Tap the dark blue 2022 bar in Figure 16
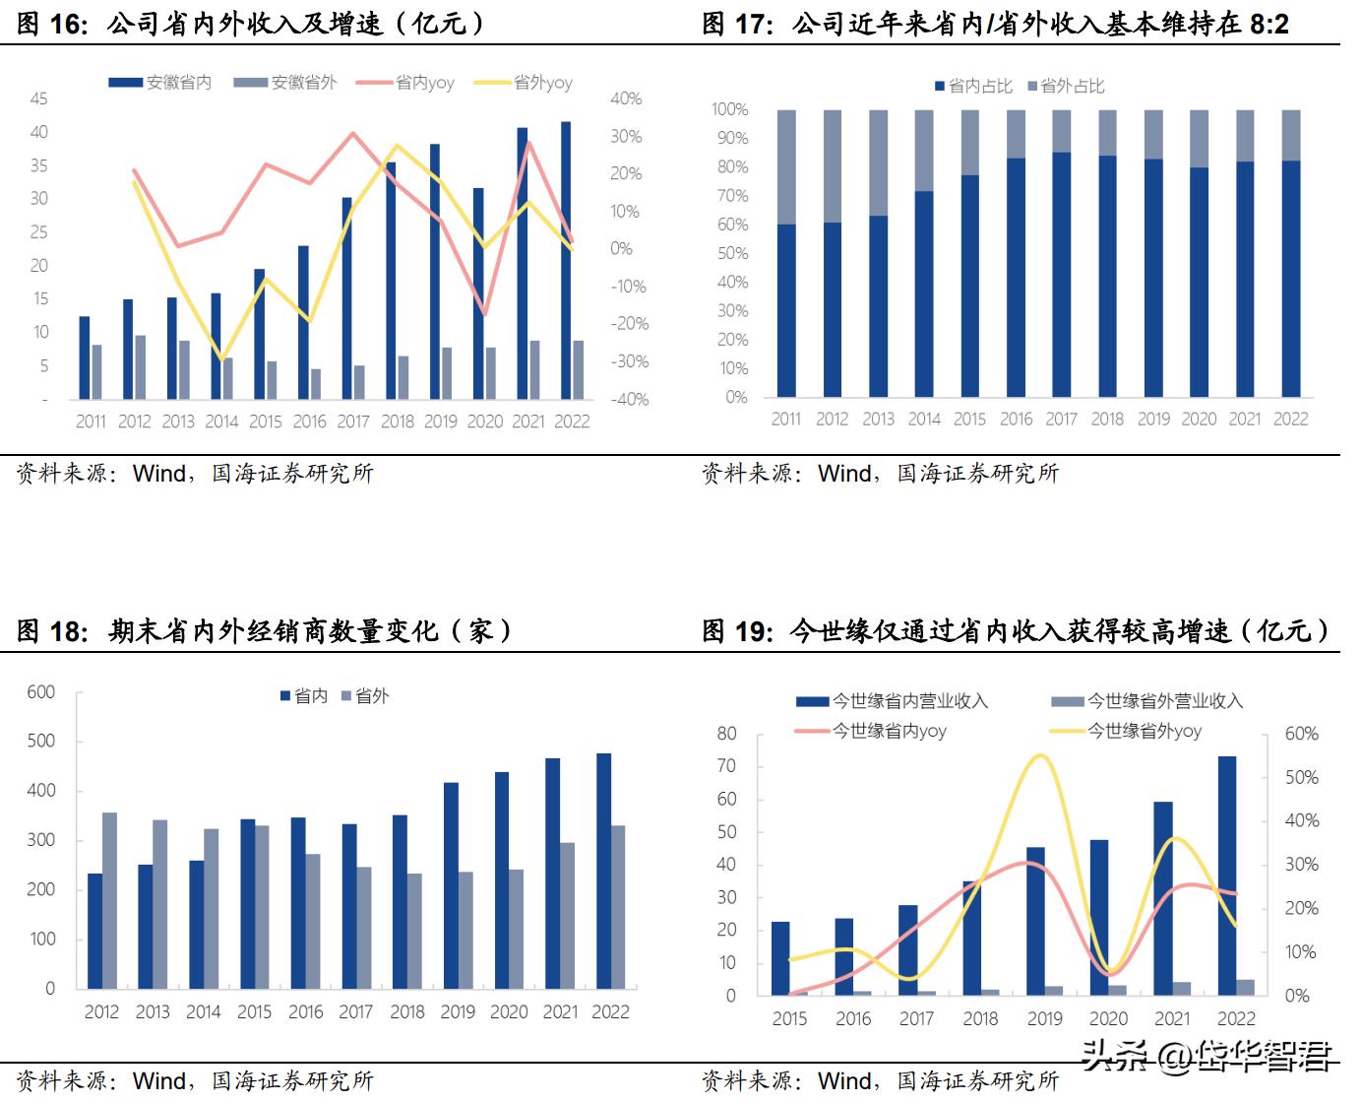[566, 261]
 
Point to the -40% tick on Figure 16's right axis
[629, 399]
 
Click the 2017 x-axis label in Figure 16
[352, 422]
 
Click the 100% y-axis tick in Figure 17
[729, 109]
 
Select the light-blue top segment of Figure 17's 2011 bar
[786, 166]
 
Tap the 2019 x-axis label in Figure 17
[1153, 420]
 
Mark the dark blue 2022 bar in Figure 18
[603, 871]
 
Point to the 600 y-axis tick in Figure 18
[41, 692]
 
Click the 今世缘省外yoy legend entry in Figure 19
[1144, 731]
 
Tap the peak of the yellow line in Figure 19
[1039, 756]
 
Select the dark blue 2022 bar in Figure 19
[1227, 876]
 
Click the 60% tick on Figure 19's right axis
[1301, 734]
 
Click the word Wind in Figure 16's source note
[159, 474]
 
